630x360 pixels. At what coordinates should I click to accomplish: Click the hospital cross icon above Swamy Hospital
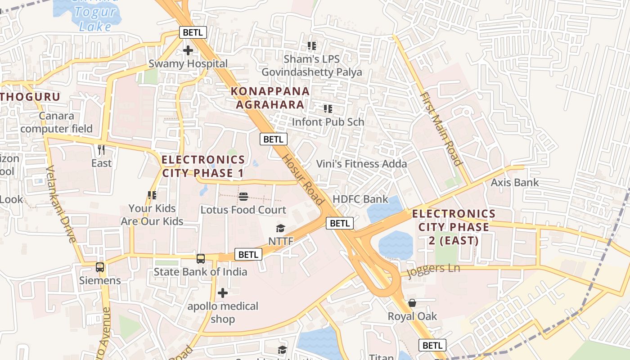click(x=188, y=50)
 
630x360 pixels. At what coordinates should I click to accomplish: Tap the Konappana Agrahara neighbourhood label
click(x=270, y=98)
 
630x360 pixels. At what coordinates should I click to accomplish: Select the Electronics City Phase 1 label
click(x=203, y=166)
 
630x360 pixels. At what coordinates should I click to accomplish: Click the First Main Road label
click(x=441, y=129)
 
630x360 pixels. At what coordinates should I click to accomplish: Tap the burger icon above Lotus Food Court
click(x=243, y=196)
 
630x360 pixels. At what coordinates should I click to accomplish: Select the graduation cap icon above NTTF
click(x=281, y=229)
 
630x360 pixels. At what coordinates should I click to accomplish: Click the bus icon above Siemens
click(x=100, y=267)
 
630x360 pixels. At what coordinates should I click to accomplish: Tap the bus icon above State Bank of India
click(x=201, y=259)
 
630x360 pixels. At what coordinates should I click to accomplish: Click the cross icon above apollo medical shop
click(x=223, y=293)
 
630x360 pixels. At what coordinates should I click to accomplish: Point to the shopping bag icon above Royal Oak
click(x=412, y=303)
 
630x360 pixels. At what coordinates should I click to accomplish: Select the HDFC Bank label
click(x=360, y=199)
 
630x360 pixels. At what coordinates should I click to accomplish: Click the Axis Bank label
click(x=514, y=183)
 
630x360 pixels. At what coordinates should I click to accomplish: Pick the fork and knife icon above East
click(x=101, y=149)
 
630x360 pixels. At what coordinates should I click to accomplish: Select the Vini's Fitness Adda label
click(x=361, y=164)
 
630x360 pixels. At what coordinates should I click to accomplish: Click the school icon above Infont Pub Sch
click(x=328, y=109)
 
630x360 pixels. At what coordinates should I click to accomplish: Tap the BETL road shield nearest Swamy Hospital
click(x=193, y=32)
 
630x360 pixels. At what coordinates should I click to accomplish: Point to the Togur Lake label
click(x=95, y=19)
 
